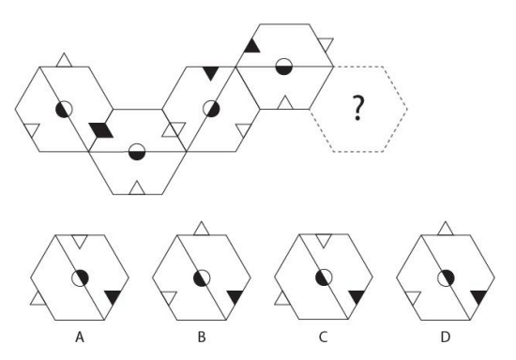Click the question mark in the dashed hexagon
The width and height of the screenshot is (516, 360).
[358, 108]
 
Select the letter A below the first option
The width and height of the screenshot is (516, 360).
[80, 337]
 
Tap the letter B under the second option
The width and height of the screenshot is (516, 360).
[202, 337]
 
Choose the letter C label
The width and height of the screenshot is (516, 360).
[323, 337]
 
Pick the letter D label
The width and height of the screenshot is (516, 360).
[445, 337]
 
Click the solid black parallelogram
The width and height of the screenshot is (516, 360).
[101, 130]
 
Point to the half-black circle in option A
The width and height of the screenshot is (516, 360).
[80, 278]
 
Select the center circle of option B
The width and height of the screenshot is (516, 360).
[202, 278]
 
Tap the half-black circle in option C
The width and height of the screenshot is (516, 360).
[324, 277]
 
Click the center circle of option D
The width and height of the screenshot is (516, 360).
[446, 278]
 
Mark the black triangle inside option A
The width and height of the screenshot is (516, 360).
[114, 296]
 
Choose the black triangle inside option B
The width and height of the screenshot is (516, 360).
[235, 296]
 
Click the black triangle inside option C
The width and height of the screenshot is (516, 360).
[357, 296]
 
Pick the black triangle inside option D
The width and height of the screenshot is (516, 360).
[479, 296]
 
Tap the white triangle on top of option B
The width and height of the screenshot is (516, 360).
[202, 230]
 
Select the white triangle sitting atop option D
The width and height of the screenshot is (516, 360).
[446, 230]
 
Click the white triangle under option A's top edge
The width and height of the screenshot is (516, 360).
[80, 240]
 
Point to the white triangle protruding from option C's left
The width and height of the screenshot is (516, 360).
[282, 299]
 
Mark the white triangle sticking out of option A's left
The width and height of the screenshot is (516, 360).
[38, 299]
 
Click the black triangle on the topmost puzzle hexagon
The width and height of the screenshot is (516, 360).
[252, 47]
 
